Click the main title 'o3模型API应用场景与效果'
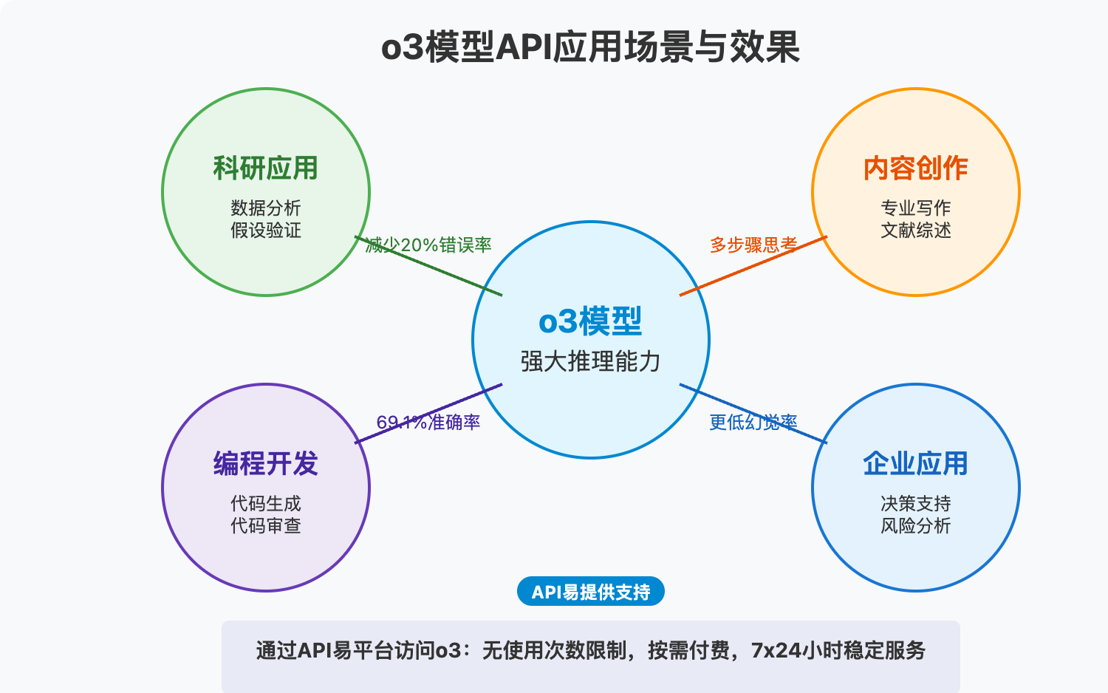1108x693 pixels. pyautogui.click(x=590, y=47)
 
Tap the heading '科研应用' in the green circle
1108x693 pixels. pyautogui.click(x=266, y=168)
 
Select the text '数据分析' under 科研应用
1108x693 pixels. pyautogui.click(x=266, y=208)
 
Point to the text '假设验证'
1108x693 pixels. pyautogui.click(x=266, y=231)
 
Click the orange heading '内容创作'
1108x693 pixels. pyautogui.click(x=915, y=168)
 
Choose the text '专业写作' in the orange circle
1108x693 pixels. pyautogui.click(x=915, y=208)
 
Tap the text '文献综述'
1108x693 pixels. pyautogui.click(x=915, y=231)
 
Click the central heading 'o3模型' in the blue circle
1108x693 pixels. pyautogui.click(x=590, y=321)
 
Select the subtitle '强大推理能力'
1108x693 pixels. pyautogui.click(x=590, y=361)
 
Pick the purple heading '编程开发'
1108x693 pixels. pyautogui.click(x=266, y=464)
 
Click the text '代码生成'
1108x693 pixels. pyautogui.click(x=266, y=503)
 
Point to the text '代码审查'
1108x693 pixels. pyautogui.click(x=266, y=526)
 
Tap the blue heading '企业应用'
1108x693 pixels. pyautogui.click(x=915, y=464)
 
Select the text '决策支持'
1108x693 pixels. pyautogui.click(x=915, y=503)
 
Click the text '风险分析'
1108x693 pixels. pyautogui.click(x=915, y=526)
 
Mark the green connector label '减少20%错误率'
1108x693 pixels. pyautogui.click(x=428, y=245)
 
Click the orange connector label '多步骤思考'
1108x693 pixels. pyautogui.click(x=753, y=245)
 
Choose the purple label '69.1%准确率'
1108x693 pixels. pyautogui.click(x=428, y=422)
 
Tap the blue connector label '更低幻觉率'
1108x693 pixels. pyautogui.click(x=753, y=422)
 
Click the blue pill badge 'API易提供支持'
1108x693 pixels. pyautogui.click(x=590, y=592)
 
